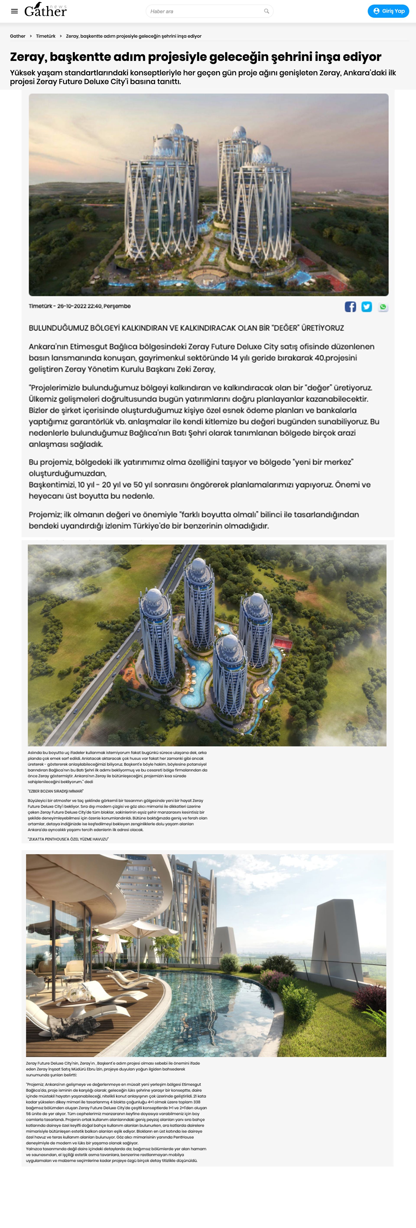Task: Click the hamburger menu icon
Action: [x=14, y=11]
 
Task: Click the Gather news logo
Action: [x=45, y=10]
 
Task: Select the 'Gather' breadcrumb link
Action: [x=18, y=36]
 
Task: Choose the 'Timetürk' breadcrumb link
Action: [x=46, y=36]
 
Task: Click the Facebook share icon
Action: [x=350, y=306]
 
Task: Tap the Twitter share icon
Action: [x=366, y=306]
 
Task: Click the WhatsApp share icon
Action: [x=383, y=306]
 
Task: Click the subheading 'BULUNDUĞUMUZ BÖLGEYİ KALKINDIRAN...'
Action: [x=186, y=328]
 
